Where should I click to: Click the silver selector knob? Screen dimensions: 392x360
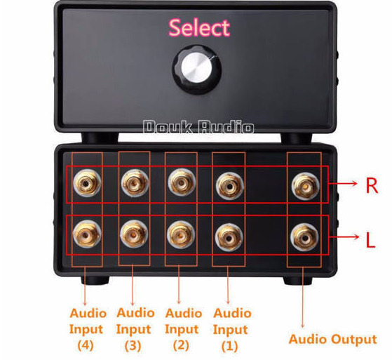tap(197, 69)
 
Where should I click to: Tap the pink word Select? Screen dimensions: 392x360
tap(199, 27)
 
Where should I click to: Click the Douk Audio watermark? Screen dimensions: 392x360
tap(198, 126)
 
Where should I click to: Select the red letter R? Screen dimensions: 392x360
tap(372, 185)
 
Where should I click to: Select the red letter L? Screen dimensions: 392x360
tap(370, 240)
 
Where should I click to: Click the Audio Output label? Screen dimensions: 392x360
tap(333, 339)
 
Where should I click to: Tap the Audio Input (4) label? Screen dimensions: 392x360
tap(86, 329)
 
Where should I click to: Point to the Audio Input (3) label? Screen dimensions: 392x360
tap(135, 329)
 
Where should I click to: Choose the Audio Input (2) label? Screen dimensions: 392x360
tap(183, 329)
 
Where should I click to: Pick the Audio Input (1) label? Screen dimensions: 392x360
tap(231, 330)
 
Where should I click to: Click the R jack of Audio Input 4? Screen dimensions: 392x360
tap(87, 183)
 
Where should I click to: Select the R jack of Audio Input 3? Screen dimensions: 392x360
tap(135, 183)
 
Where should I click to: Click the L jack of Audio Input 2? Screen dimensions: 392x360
tap(181, 234)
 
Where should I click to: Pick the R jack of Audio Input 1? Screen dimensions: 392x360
tap(229, 186)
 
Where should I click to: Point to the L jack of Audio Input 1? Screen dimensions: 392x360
tap(229, 237)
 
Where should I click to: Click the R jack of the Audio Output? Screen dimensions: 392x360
tap(306, 186)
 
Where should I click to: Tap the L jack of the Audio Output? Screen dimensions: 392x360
tap(305, 237)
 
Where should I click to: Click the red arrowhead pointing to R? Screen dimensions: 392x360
tap(355, 183)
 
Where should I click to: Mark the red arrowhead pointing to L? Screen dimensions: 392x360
tap(356, 236)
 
